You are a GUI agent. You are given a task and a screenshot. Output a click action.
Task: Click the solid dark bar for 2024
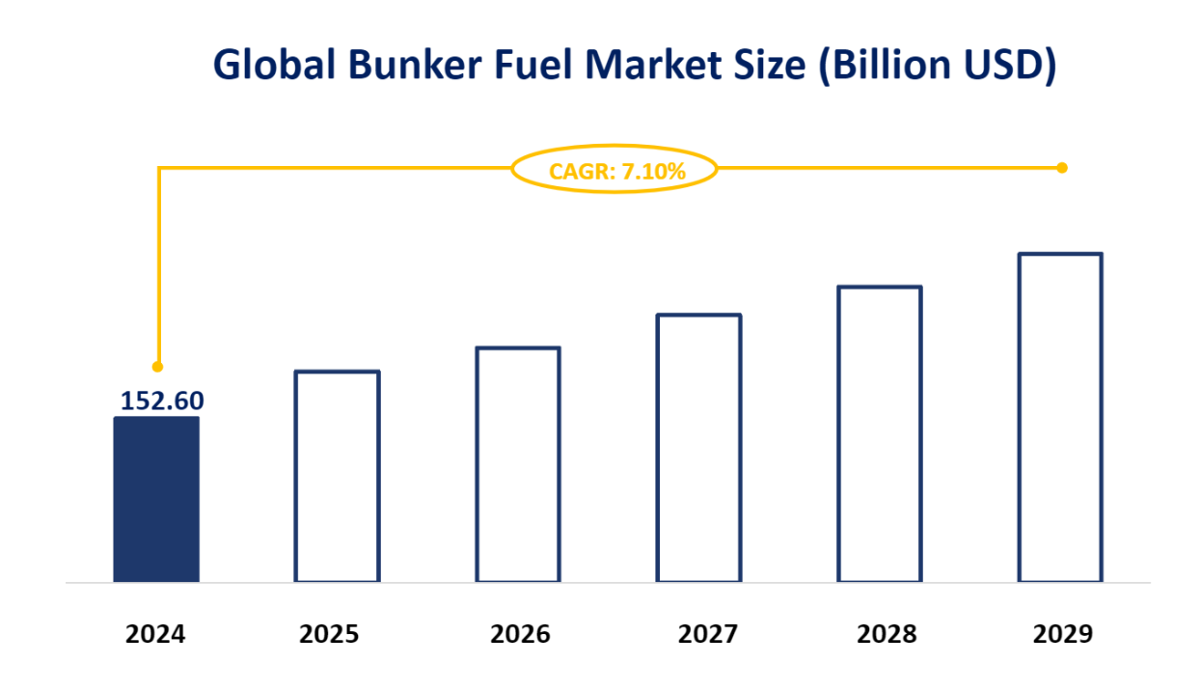tap(156, 500)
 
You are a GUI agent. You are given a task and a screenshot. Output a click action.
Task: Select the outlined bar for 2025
tap(337, 477)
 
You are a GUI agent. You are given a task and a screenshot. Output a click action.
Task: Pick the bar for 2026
tap(518, 465)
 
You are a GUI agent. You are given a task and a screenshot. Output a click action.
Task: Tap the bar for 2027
tap(698, 449)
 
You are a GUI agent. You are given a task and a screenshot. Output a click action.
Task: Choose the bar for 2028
tap(880, 434)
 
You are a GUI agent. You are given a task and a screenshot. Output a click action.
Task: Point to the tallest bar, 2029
tap(1060, 418)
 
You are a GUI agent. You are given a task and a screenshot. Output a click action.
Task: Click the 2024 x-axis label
tap(155, 634)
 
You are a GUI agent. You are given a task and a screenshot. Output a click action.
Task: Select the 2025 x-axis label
tap(329, 634)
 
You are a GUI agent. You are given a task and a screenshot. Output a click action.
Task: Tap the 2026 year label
tap(520, 634)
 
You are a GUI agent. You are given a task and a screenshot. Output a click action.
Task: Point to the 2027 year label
tap(707, 634)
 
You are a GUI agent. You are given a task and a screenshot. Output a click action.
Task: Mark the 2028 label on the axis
tap(887, 634)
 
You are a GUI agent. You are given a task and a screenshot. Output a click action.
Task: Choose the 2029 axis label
tap(1063, 634)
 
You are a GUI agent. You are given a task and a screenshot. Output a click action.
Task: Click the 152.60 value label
tap(162, 400)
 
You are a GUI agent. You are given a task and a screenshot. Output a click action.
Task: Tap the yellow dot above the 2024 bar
tap(158, 367)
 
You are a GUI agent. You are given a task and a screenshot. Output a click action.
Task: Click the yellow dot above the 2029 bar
tap(1062, 168)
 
